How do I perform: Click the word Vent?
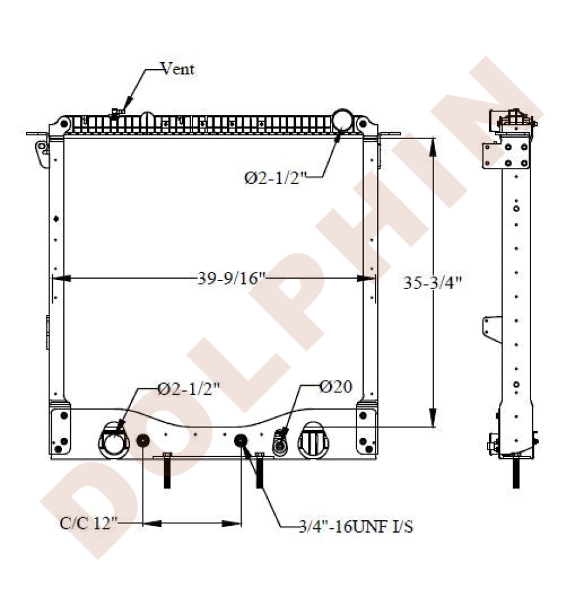coord(177,69)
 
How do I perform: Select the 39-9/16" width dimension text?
coord(231,279)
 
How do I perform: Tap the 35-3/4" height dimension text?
coord(433,282)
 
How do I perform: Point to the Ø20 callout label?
coord(336,387)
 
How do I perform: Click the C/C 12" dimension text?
coord(89,523)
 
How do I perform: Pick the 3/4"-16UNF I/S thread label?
coord(356,526)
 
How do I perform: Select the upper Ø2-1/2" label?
coord(274,178)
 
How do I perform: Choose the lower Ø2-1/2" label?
coord(189,389)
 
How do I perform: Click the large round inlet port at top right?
coord(343,120)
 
